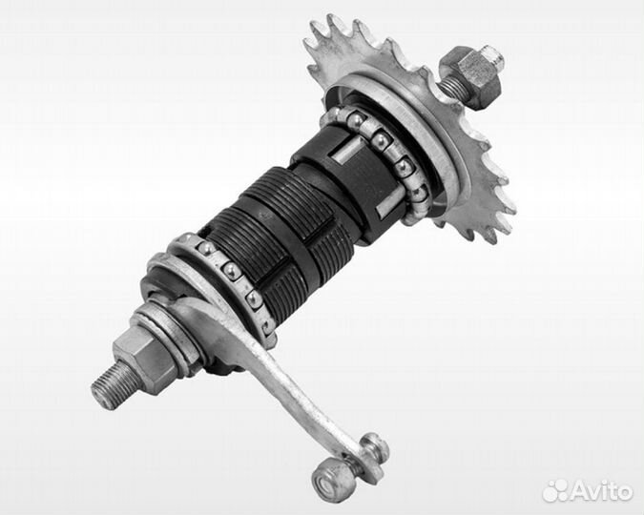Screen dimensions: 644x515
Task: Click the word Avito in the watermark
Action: pos(601,491)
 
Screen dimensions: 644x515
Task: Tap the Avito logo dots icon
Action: pos(555,490)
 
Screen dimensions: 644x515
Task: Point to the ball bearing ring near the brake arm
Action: pos(230,279)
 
